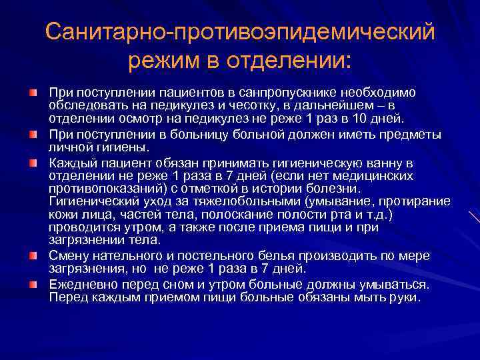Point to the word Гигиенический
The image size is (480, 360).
[x=91, y=201]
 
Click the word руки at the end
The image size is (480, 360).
[x=403, y=297]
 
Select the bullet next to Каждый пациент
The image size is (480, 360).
[x=33, y=162]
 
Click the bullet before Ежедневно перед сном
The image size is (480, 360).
[x=33, y=284]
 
